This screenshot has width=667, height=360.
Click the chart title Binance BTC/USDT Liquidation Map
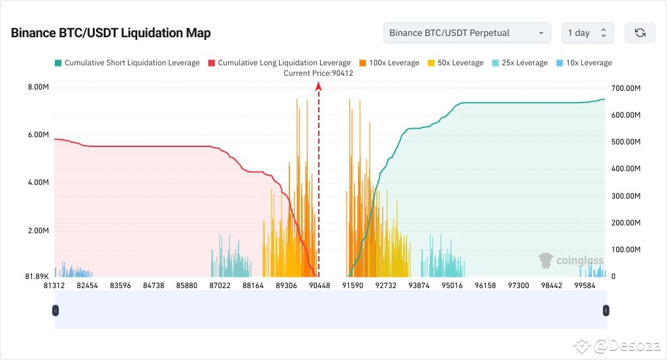110,33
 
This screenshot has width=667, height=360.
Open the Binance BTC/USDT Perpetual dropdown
466,33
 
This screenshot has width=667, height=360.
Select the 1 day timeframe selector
587,33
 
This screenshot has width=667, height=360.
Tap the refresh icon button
640,33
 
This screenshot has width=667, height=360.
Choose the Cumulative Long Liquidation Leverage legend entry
279,63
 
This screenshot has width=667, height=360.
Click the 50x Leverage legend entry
455,63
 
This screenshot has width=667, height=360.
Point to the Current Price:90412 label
318,73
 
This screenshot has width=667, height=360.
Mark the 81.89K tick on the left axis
37,276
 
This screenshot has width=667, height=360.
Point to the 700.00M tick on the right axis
625,88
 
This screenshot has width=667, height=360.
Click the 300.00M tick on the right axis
625,196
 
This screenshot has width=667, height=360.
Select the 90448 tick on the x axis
319,286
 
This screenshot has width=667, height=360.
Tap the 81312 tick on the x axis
54,286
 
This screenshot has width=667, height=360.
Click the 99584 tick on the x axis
585,286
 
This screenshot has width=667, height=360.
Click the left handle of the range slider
55,311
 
